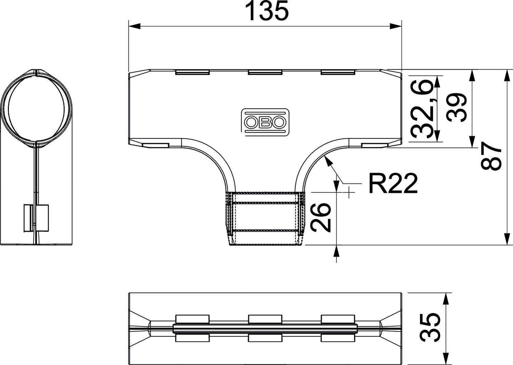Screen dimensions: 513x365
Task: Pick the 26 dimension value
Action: [x=321, y=217]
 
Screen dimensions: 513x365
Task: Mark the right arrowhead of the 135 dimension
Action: [x=396, y=26]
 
